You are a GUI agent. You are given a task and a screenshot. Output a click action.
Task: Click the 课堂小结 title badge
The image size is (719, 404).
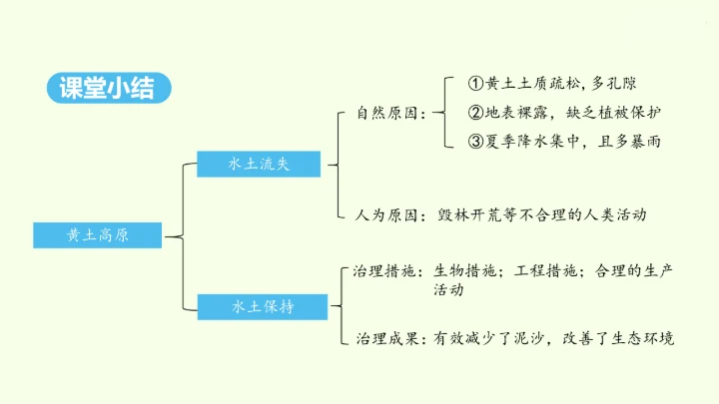tap(111, 88)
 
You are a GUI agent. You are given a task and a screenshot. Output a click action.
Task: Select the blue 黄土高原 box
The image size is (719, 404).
tap(97, 235)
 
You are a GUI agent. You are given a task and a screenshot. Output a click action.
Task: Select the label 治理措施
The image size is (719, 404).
tap(385, 270)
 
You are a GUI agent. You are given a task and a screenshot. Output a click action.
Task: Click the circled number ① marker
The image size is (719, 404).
tap(476, 84)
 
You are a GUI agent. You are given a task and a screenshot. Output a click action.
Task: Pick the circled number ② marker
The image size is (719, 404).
tap(476, 113)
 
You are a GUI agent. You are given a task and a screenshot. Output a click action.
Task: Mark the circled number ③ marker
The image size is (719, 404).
tap(476, 142)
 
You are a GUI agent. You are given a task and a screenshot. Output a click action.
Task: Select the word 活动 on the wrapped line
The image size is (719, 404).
tap(448, 290)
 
